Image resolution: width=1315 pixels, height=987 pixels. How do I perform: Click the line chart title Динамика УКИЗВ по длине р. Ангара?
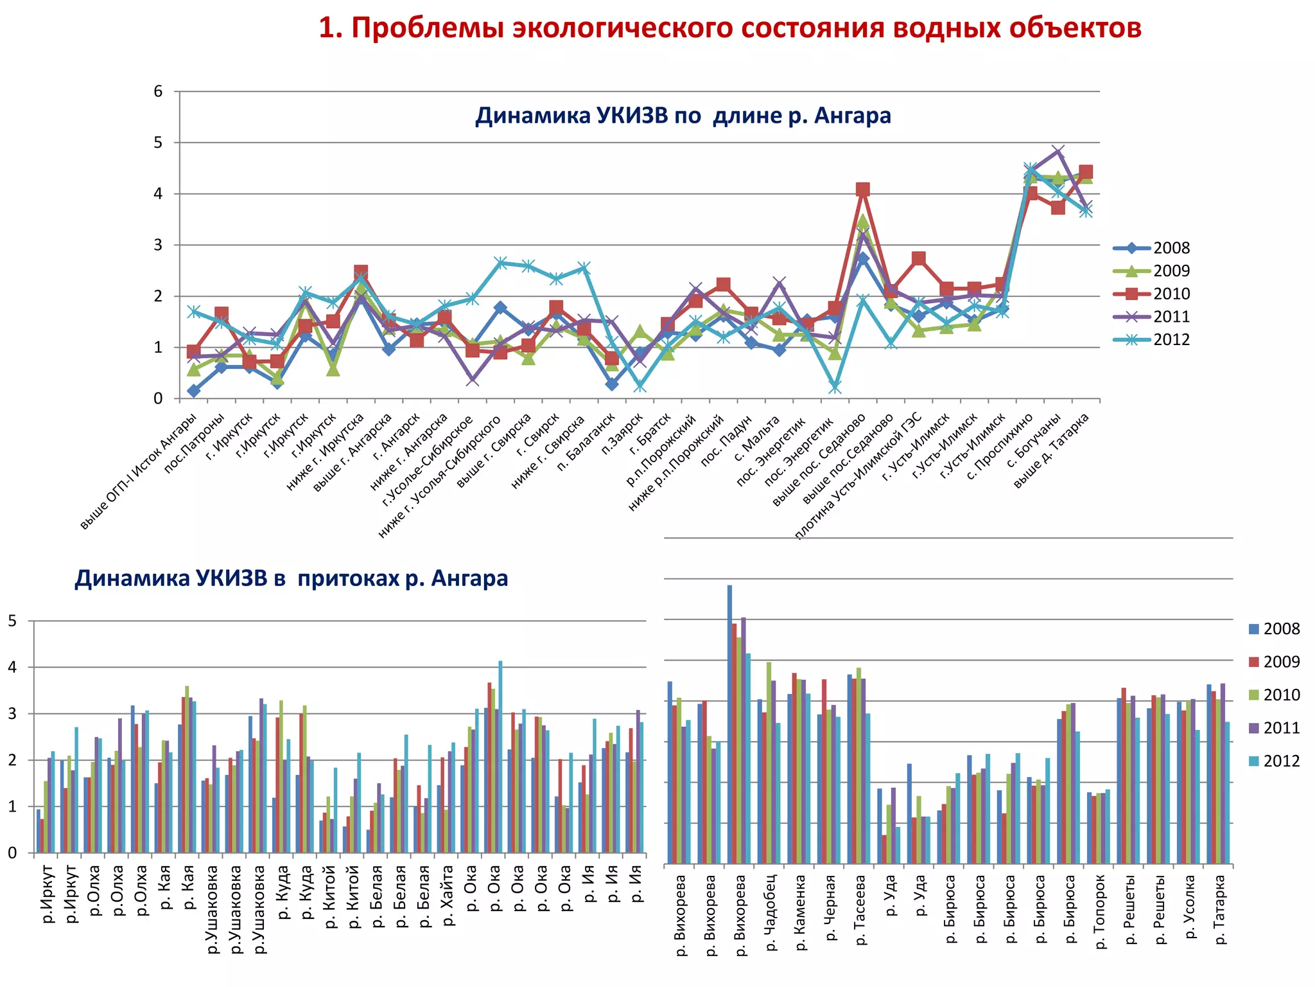click(683, 116)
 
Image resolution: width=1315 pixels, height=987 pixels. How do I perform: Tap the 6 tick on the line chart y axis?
click(158, 91)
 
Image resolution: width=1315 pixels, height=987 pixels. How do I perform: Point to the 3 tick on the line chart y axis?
click(158, 245)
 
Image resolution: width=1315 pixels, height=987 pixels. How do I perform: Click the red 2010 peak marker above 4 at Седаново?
click(862, 189)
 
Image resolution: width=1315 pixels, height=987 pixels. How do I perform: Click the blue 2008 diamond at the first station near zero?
click(193, 391)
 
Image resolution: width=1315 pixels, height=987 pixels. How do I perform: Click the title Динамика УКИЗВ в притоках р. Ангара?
click(291, 578)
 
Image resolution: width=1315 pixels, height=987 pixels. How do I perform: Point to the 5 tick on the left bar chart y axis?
click(12, 621)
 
